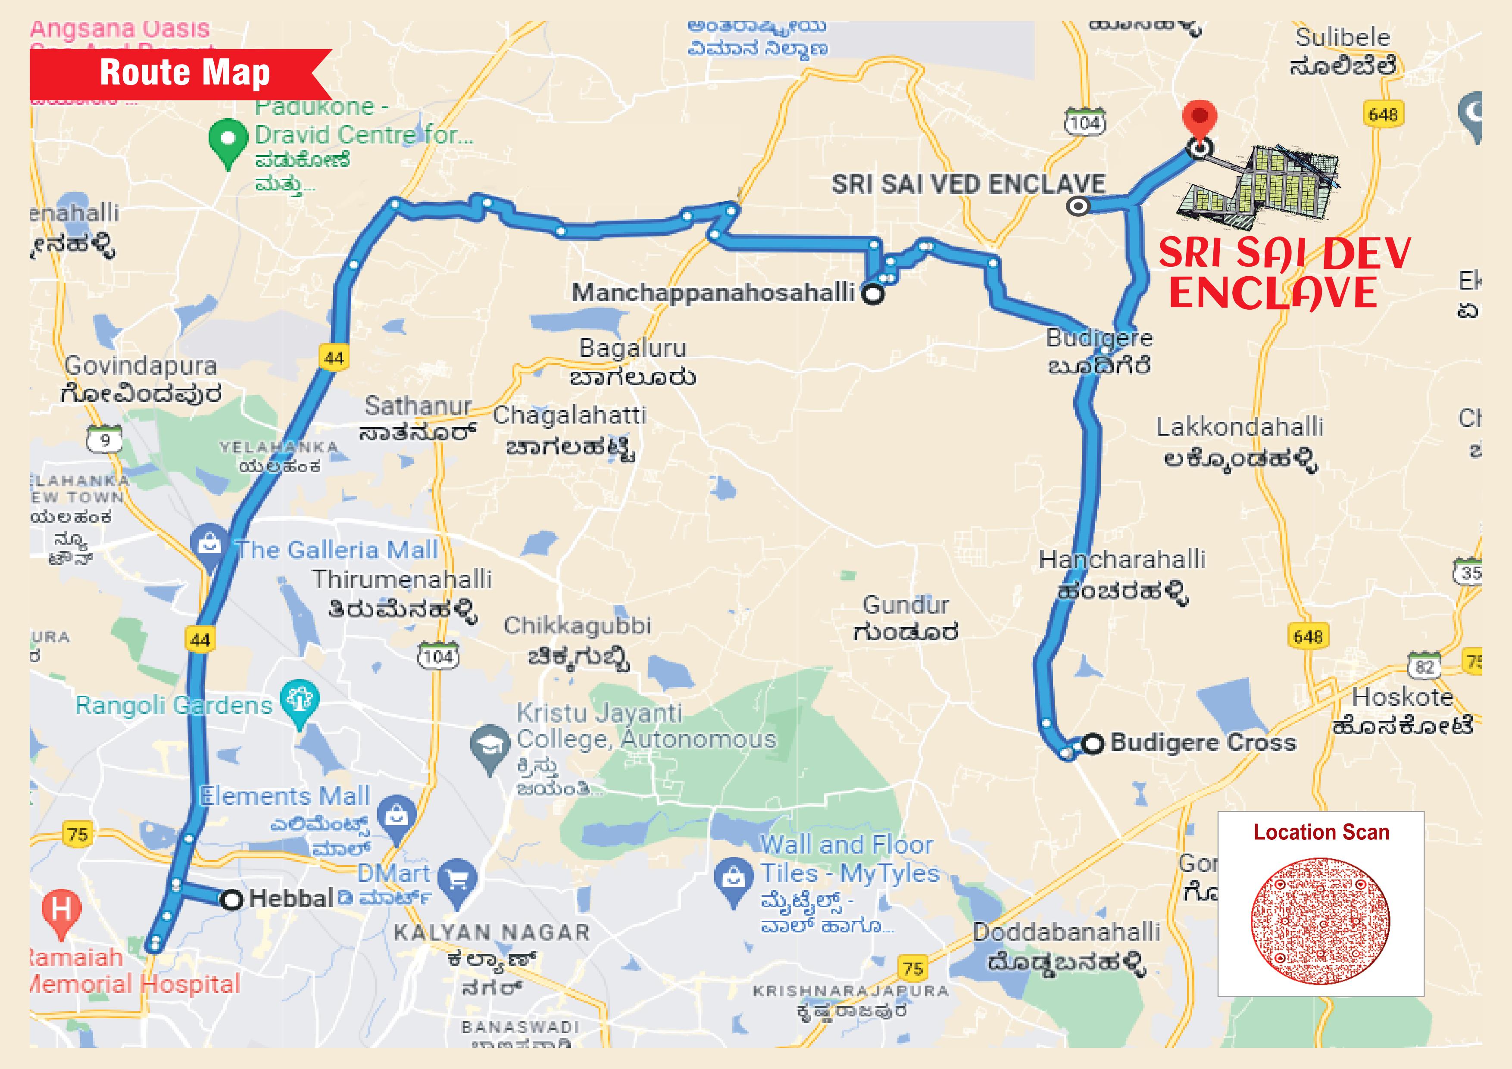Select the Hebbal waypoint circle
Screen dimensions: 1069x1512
point(231,899)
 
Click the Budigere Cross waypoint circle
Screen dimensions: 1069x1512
point(1093,744)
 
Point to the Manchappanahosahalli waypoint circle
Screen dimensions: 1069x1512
point(873,293)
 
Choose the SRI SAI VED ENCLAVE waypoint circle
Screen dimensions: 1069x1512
point(1078,207)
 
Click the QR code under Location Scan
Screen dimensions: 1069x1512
point(1320,920)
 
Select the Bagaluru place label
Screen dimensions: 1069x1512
point(632,348)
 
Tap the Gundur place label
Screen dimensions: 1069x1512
point(906,604)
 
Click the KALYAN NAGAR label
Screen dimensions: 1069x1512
point(491,933)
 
